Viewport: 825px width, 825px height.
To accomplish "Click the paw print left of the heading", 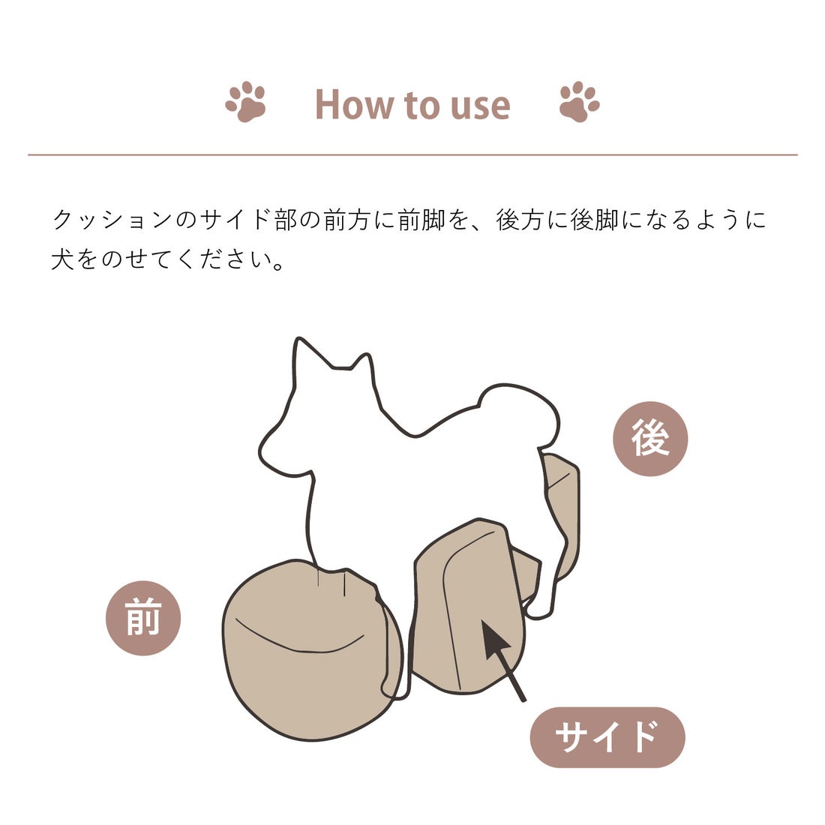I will (x=246, y=102).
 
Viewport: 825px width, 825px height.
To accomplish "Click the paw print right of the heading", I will (x=579, y=102).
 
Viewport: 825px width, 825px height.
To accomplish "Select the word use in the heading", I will (x=480, y=106).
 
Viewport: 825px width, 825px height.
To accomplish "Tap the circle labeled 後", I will (x=650, y=439).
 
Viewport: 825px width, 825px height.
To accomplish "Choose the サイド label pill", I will (x=607, y=736).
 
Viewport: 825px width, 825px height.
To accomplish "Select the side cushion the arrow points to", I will (x=465, y=607).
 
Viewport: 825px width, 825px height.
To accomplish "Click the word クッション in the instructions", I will (x=112, y=220).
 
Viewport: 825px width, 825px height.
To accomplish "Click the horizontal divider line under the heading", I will (x=412, y=155).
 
